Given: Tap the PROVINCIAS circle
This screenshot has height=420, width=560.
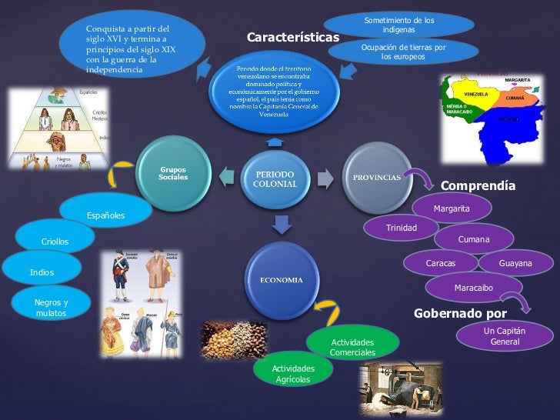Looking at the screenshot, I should tap(376, 178).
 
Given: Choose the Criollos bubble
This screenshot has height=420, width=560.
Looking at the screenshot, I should tap(55, 242).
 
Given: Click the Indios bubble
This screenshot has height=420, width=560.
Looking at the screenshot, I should tap(42, 272).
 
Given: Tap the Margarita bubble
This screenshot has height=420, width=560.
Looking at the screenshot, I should tap(452, 208).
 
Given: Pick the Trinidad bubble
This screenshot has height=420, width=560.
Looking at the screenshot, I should tap(401, 228).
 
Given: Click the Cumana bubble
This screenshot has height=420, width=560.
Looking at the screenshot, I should tap(474, 240).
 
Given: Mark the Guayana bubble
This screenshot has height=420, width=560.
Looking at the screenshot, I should tap(515, 264).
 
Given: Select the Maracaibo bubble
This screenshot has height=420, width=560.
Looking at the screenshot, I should tap(474, 288).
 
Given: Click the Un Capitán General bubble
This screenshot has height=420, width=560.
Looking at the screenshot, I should tap(505, 336).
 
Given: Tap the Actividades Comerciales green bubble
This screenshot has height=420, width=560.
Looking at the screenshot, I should tap(352, 347).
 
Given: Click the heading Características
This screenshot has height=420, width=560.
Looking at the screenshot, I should tap(292, 37).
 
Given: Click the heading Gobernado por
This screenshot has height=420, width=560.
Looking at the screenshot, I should tap(460, 313).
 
